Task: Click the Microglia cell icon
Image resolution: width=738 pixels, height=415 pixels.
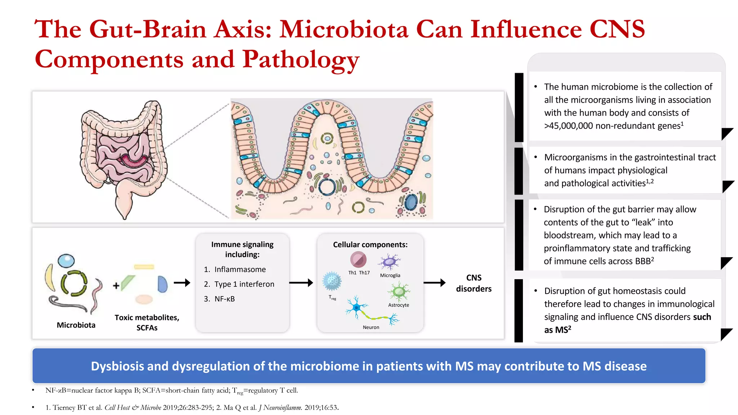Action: click(389, 262)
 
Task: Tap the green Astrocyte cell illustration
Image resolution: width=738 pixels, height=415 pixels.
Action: click(399, 291)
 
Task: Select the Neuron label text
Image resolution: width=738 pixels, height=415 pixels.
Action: click(371, 327)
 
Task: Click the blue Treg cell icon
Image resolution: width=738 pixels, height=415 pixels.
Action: click(332, 281)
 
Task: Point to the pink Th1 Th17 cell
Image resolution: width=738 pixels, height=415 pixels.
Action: click(358, 259)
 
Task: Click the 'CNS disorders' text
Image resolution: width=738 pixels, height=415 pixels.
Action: click(474, 283)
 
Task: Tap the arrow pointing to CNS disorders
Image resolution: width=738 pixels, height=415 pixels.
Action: click(434, 283)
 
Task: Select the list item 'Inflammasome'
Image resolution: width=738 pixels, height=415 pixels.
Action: click(240, 269)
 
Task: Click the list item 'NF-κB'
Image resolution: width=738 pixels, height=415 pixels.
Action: click(224, 299)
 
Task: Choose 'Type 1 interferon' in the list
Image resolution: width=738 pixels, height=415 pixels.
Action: click(244, 284)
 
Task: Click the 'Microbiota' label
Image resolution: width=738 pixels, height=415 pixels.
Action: click(76, 325)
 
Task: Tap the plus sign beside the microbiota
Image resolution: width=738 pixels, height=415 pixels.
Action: click(116, 286)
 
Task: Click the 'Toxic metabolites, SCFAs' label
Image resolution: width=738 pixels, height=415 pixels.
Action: click(147, 322)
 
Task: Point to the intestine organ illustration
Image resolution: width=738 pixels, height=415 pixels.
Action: click(123, 155)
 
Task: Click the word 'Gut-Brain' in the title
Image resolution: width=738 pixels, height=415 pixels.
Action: click(148, 29)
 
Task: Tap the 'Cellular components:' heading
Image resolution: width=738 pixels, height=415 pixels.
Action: click(370, 245)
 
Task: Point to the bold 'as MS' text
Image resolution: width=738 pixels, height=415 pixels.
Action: click(557, 330)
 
